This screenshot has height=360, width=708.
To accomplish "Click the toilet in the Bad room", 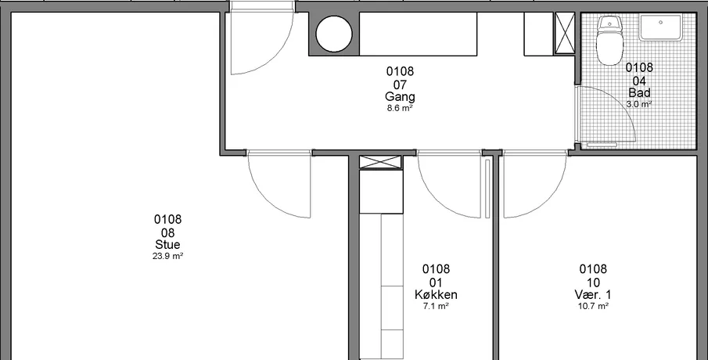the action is [609, 40].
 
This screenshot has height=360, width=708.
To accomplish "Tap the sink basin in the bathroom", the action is [660, 27].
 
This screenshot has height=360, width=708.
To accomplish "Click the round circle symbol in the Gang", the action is [334, 34].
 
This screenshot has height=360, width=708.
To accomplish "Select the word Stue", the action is [167, 245].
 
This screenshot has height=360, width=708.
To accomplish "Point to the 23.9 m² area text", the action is [167, 256].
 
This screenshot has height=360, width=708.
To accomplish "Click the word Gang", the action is [400, 97].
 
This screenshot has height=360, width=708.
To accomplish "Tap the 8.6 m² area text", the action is [400, 108].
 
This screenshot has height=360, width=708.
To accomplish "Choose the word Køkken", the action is [436, 294].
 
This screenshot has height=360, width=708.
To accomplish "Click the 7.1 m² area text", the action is [436, 306].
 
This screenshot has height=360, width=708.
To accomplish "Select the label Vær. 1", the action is [593, 294].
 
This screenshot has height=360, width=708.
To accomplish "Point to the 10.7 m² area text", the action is [593, 306].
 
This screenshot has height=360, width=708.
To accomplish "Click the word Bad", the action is [639, 92].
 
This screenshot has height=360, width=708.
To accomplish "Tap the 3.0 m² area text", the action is [639, 104].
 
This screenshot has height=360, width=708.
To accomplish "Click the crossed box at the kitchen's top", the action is [380, 162].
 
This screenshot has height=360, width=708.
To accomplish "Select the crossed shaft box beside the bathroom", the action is [564, 34].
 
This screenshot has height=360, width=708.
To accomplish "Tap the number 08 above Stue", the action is [167, 233].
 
